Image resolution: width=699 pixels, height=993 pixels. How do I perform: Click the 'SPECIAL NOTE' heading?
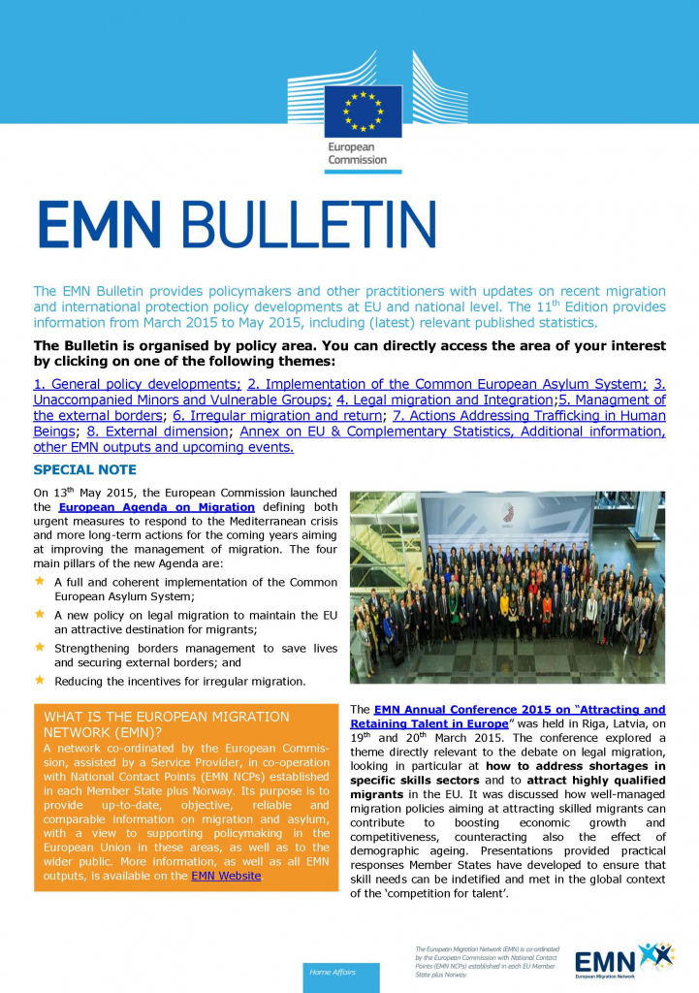point(84,470)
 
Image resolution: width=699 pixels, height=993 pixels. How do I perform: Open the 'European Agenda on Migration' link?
point(156,507)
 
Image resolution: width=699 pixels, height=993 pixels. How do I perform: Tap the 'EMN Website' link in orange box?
point(226,876)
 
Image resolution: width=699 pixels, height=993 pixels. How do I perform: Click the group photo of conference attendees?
point(507,588)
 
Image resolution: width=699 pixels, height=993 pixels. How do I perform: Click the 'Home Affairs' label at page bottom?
point(334,971)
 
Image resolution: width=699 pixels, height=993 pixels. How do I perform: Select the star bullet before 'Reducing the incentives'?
point(40,680)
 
